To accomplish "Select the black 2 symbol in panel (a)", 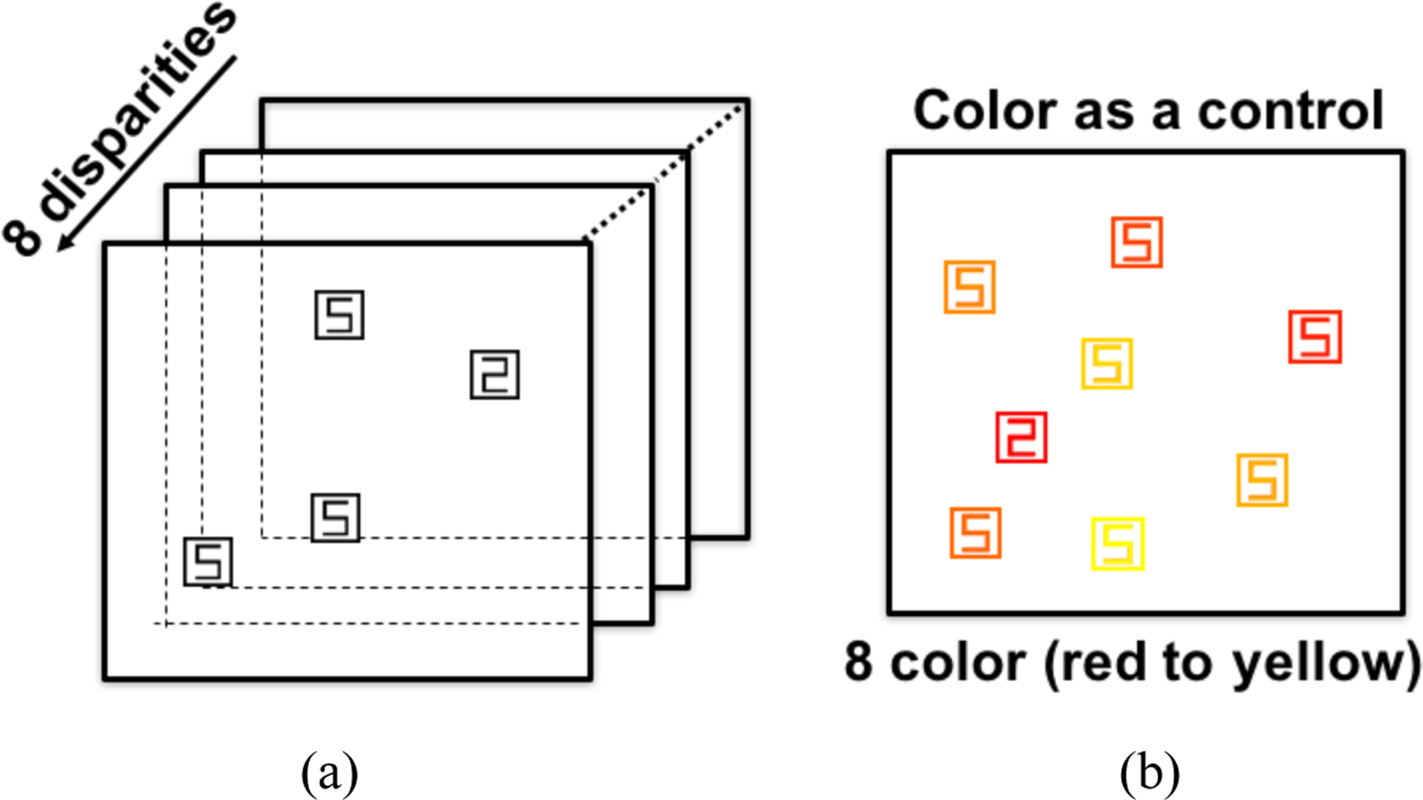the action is [495, 374].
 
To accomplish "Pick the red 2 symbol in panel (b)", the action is [1021, 437].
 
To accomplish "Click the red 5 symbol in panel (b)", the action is [1315, 337].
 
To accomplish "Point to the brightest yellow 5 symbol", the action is [1117, 543].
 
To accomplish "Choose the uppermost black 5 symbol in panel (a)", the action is [340, 315].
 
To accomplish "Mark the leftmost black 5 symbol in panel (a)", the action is [208, 561].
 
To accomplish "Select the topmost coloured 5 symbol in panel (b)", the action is [1137, 242].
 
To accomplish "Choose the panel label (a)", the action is [329, 773].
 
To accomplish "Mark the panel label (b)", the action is [1149, 773].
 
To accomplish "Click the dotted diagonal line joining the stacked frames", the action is [664, 170].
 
